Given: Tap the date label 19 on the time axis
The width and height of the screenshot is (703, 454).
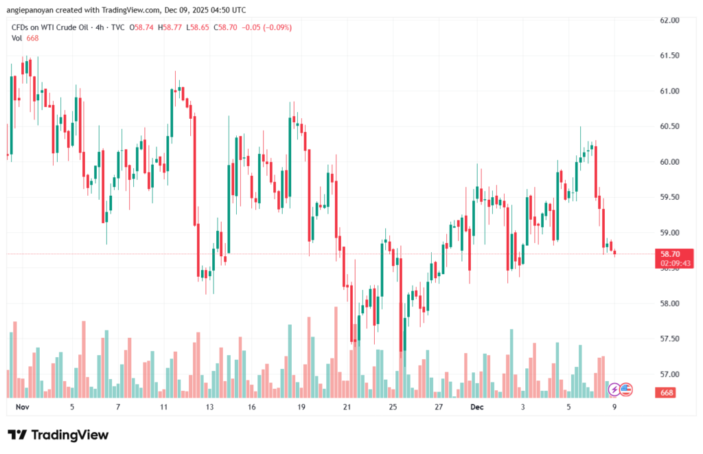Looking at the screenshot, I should click(301, 407).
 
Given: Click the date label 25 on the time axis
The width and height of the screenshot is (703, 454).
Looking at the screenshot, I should click(393, 407).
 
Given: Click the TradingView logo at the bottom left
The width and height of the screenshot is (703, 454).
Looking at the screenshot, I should click(58, 435).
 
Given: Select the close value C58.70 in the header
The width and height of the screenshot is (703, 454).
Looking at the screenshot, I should click(226, 27).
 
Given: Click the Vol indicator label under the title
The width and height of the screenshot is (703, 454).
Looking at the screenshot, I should click(16, 38).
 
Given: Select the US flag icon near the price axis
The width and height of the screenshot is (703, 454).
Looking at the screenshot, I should click(625, 389).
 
